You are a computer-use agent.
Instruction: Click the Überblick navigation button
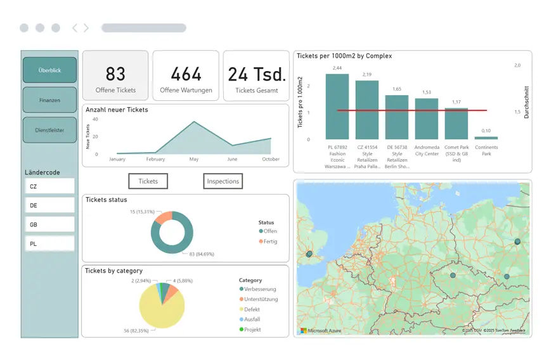tap(49, 70)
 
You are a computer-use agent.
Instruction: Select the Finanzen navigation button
tap(49, 100)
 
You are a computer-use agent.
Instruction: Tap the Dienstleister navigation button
tap(49, 130)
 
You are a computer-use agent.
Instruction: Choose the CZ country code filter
tap(49, 186)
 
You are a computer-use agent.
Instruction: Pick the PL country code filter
tap(49, 243)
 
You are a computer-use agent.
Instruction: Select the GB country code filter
tap(49, 224)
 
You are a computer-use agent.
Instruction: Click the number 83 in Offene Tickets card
tap(115, 74)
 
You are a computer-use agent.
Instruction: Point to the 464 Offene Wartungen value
tap(186, 74)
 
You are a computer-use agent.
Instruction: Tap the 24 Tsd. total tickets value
tap(256, 74)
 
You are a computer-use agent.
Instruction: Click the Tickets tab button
tap(148, 181)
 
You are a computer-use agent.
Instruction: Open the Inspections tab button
tap(223, 181)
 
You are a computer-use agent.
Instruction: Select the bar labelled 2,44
tap(337, 106)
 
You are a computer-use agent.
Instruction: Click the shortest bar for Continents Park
tap(486, 138)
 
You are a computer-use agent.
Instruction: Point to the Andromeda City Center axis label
tap(427, 150)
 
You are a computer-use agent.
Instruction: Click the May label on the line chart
tap(193, 160)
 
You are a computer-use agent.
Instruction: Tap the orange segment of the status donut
tap(164, 217)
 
